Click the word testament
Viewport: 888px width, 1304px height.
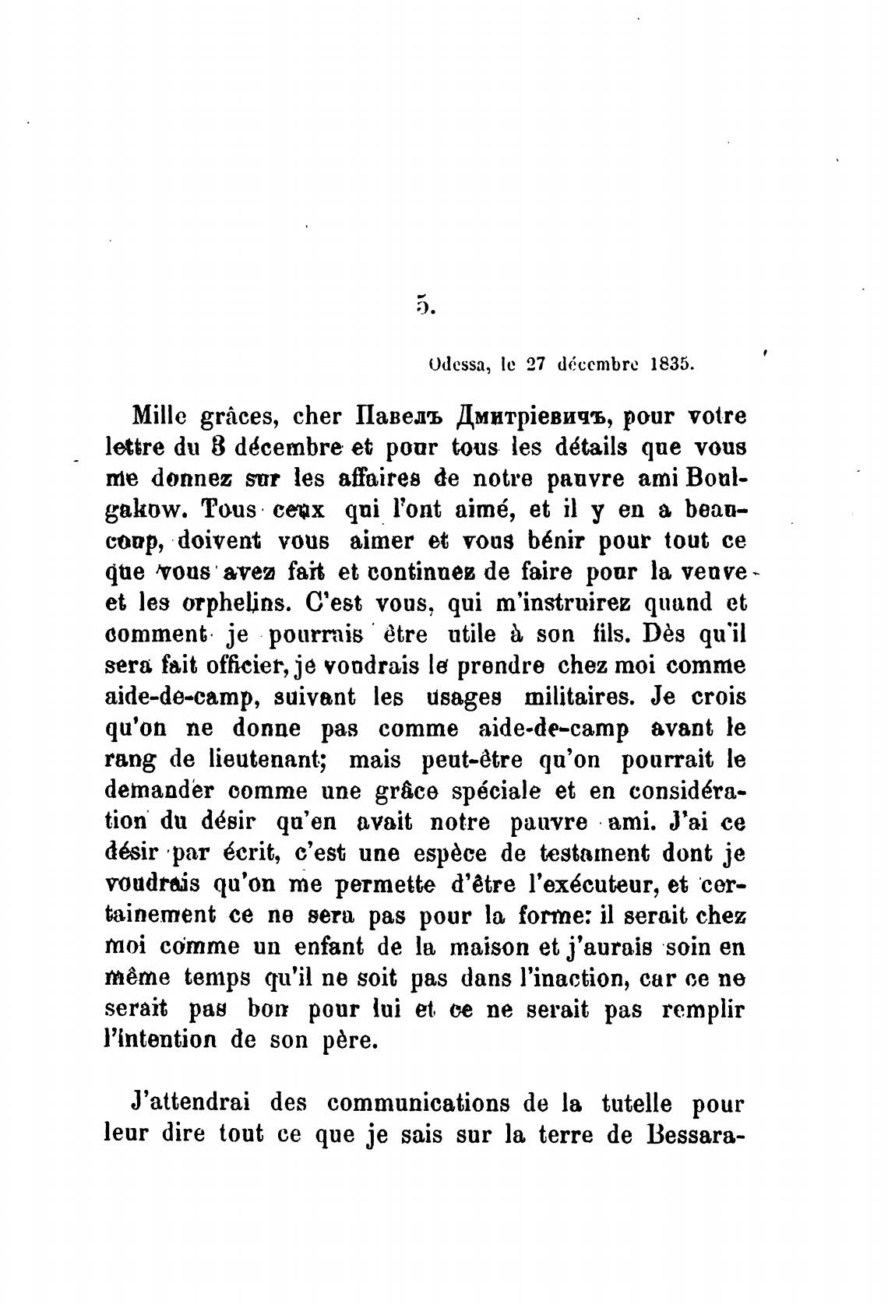(596, 853)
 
